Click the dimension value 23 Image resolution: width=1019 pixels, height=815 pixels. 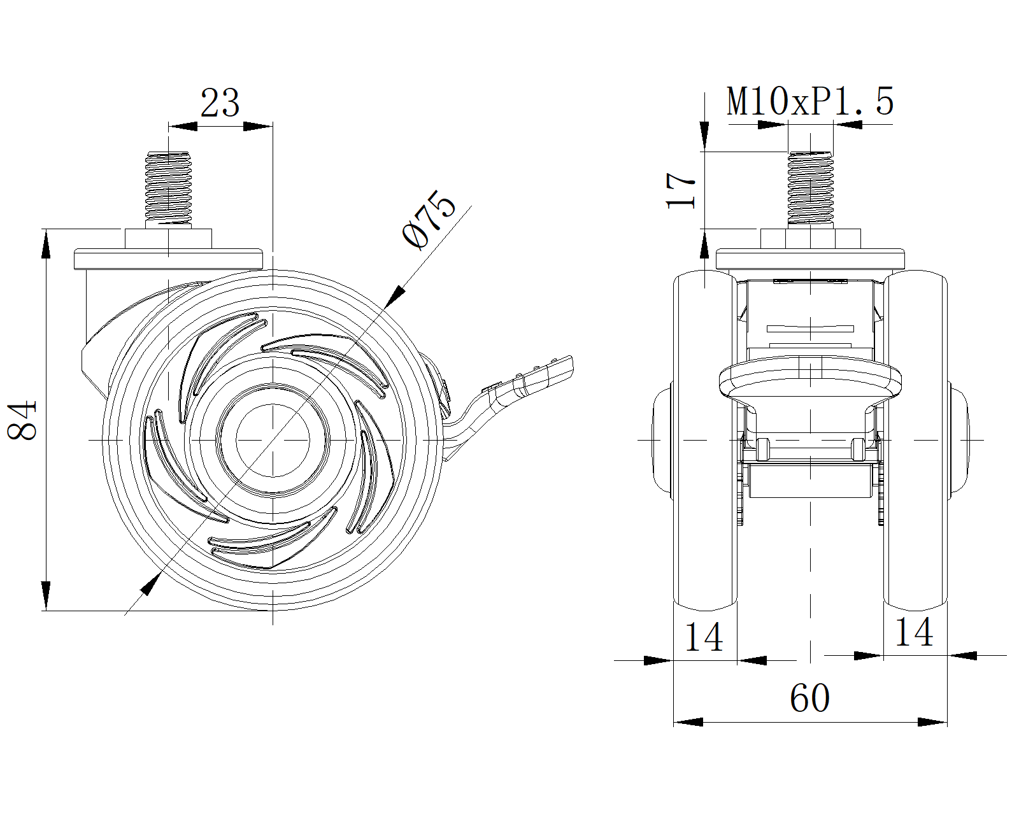(220, 103)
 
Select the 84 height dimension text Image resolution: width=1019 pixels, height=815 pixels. (22, 420)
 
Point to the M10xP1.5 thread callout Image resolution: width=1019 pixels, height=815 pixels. (810, 101)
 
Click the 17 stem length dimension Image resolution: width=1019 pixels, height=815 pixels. (681, 190)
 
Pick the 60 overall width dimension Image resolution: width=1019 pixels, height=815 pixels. (809, 698)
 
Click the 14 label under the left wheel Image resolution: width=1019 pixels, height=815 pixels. (704, 637)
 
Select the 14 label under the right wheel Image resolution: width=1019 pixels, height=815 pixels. (914, 632)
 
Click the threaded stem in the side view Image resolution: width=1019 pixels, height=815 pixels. (169, 189)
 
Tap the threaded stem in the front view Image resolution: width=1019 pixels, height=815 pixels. (810, 189)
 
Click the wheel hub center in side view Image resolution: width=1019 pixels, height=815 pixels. (273, 440)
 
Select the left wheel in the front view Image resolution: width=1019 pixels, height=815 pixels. (705, 441)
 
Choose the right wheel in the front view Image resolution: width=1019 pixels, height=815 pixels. (915, 441)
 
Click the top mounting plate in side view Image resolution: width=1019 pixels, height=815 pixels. (169, 259)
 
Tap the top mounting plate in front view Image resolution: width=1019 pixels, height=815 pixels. (810, 259)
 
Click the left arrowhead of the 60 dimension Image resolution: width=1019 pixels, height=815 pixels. (688, 722)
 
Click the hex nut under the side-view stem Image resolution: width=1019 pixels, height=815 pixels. (169, 239)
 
